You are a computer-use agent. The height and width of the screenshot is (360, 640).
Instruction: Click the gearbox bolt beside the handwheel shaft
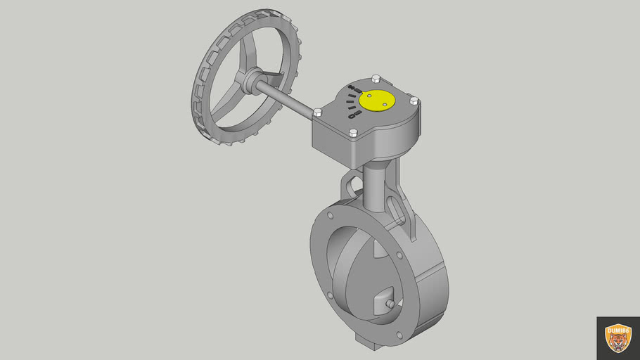pyautogui.click(x=317, y=112)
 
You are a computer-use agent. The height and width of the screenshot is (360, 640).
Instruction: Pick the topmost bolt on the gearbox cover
pyautogui.click(x=375, y=77)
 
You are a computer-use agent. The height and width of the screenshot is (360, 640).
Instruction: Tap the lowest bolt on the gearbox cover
pyautogui.click(x=354, y=133)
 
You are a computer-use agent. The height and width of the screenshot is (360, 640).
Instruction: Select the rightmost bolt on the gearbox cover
pyautogui.click(x=414, y=101)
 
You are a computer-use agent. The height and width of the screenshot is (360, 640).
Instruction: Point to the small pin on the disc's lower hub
pyautogui.click(x=390, y=304)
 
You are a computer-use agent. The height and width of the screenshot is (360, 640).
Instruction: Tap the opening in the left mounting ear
pyautogui.click(x=352, y=188)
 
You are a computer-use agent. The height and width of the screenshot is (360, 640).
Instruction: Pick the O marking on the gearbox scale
pyautogui.click(x=350, y=115)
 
